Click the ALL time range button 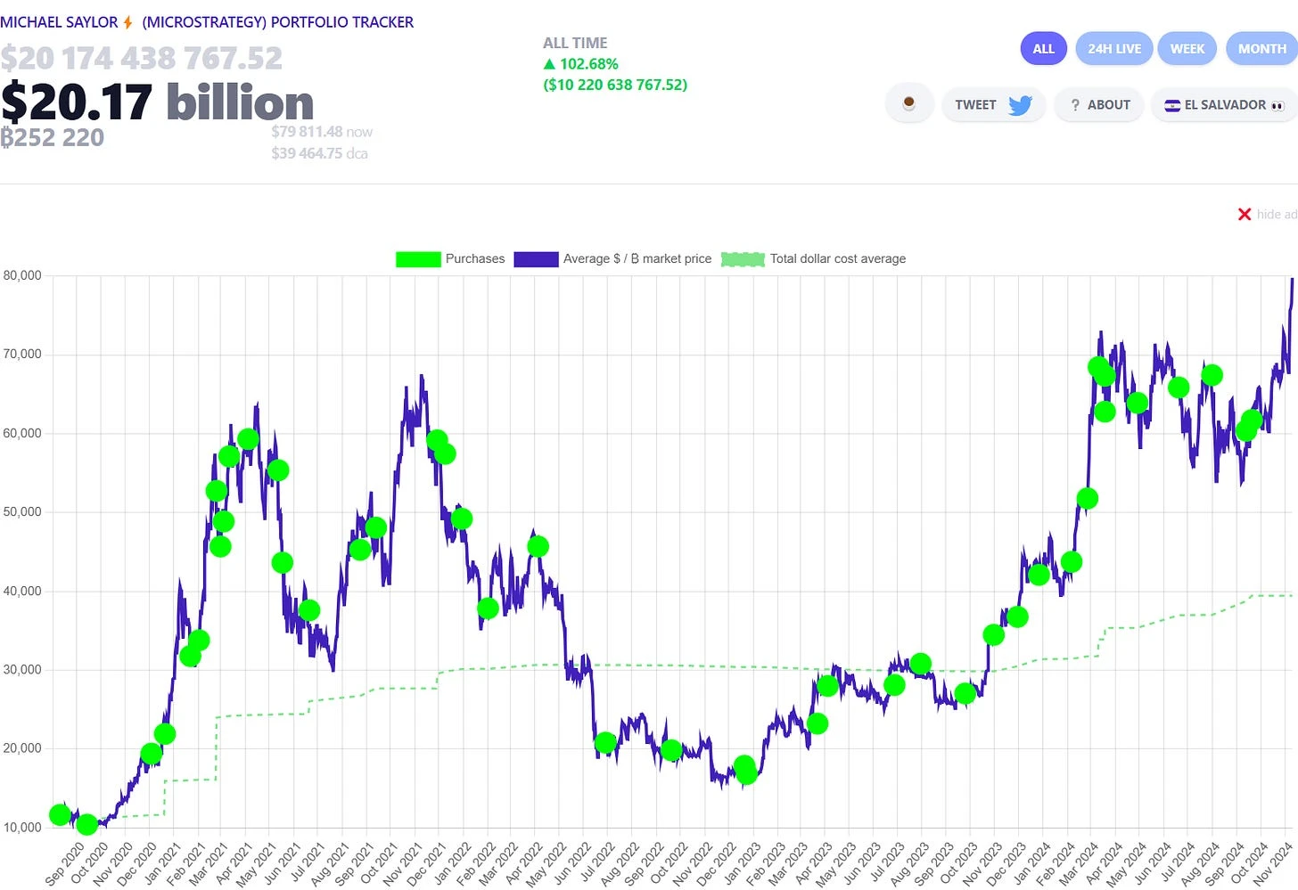[x=1043, y=49]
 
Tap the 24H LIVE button [x=1113, y=49]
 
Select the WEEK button [x=1187, y=49]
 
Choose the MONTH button [x=1261, y=49]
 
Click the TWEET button [x=992, y=105]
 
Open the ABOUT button [x=1100, y=105]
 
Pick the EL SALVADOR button [x=1224, y=105]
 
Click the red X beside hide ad [x=1245, y=215]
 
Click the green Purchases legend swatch [x=418, y=259]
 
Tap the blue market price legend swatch [x=536, y=259]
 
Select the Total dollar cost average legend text [x=837, y=259]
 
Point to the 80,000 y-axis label [x=22, y=276]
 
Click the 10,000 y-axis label [x=22, y=828]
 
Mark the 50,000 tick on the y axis [x=22, y=512]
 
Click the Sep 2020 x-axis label [x=64, y=863]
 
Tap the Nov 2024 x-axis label [x=1272, y=863]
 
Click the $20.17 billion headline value [x=157, y=102]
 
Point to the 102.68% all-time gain [x=588, y=64]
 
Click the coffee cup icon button [x=908, y=104]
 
